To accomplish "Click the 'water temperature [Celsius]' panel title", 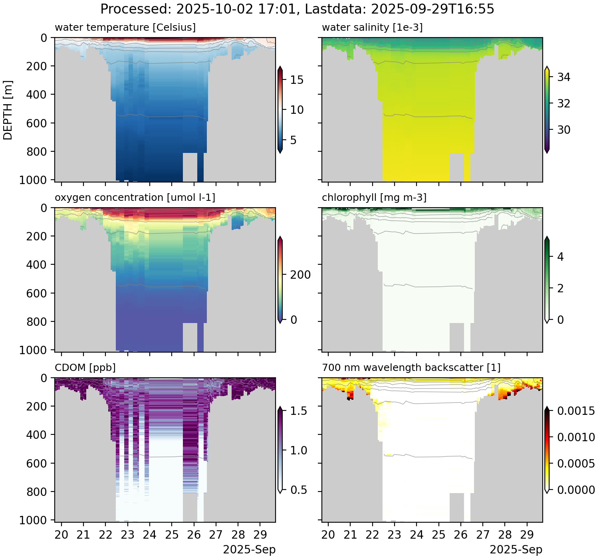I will [x=125, y=28].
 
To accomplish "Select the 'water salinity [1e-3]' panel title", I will [x=372, y=28].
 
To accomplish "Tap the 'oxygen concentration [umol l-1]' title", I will [x=135, y=198].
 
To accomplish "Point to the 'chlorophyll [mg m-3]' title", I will [x=374, y=198].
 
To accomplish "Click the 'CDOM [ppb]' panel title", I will [x=85, y=367].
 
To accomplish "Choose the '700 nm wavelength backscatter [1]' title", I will [x=411, y=367].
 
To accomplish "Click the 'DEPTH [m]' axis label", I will [x=8, y=110].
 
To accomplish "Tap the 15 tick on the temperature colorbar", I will [x=297, y=80].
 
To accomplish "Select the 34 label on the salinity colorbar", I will [x=563, y=77].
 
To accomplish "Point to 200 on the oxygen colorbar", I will [x=300, y=275].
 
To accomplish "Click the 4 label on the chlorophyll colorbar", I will [x=560, y=257].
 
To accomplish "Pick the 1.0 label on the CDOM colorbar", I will [x=299, y=451].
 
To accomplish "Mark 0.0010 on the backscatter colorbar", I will [x=576, y=437].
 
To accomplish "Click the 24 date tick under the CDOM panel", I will [x=150, y=535].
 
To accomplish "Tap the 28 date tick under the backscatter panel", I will [x=505, y=535].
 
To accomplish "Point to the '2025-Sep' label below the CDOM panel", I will [x=249, y=550].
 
